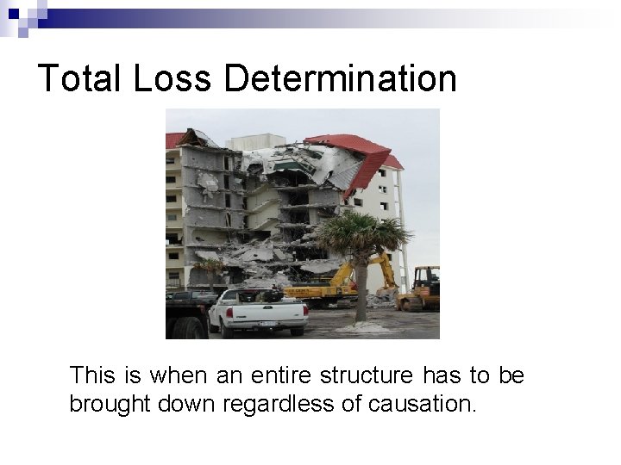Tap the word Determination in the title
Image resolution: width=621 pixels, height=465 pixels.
340,78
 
